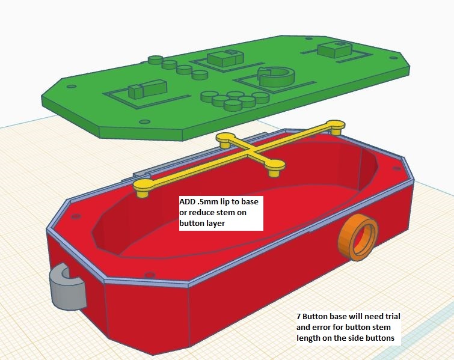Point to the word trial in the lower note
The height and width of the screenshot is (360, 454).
390,316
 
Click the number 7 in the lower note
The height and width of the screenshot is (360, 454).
298,316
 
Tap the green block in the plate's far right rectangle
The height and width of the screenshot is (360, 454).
334,49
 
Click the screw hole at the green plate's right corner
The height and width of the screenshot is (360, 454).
393,58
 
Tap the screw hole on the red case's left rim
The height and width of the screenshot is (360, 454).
76,216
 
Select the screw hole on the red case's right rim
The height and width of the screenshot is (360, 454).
394,168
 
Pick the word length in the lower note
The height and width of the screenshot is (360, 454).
308,338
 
